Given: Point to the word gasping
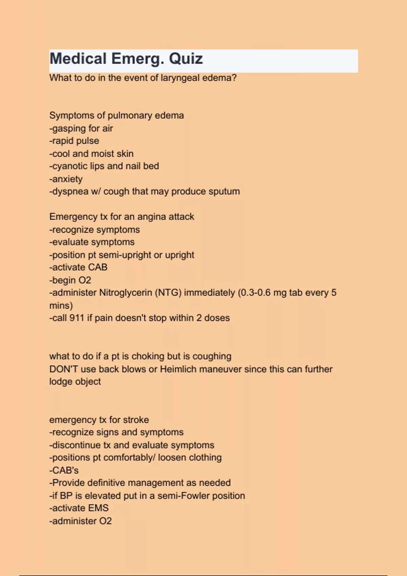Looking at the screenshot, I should point(69,128).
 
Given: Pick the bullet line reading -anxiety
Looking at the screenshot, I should point(66,179).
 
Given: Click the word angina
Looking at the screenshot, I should point(151,217).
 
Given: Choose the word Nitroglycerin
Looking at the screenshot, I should point(125,293).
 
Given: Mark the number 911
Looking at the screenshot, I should point(77,318).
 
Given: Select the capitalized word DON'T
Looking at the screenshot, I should point(63,369).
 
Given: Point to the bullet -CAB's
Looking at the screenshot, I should point(64,470).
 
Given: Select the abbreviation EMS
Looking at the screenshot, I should point(98,508).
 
